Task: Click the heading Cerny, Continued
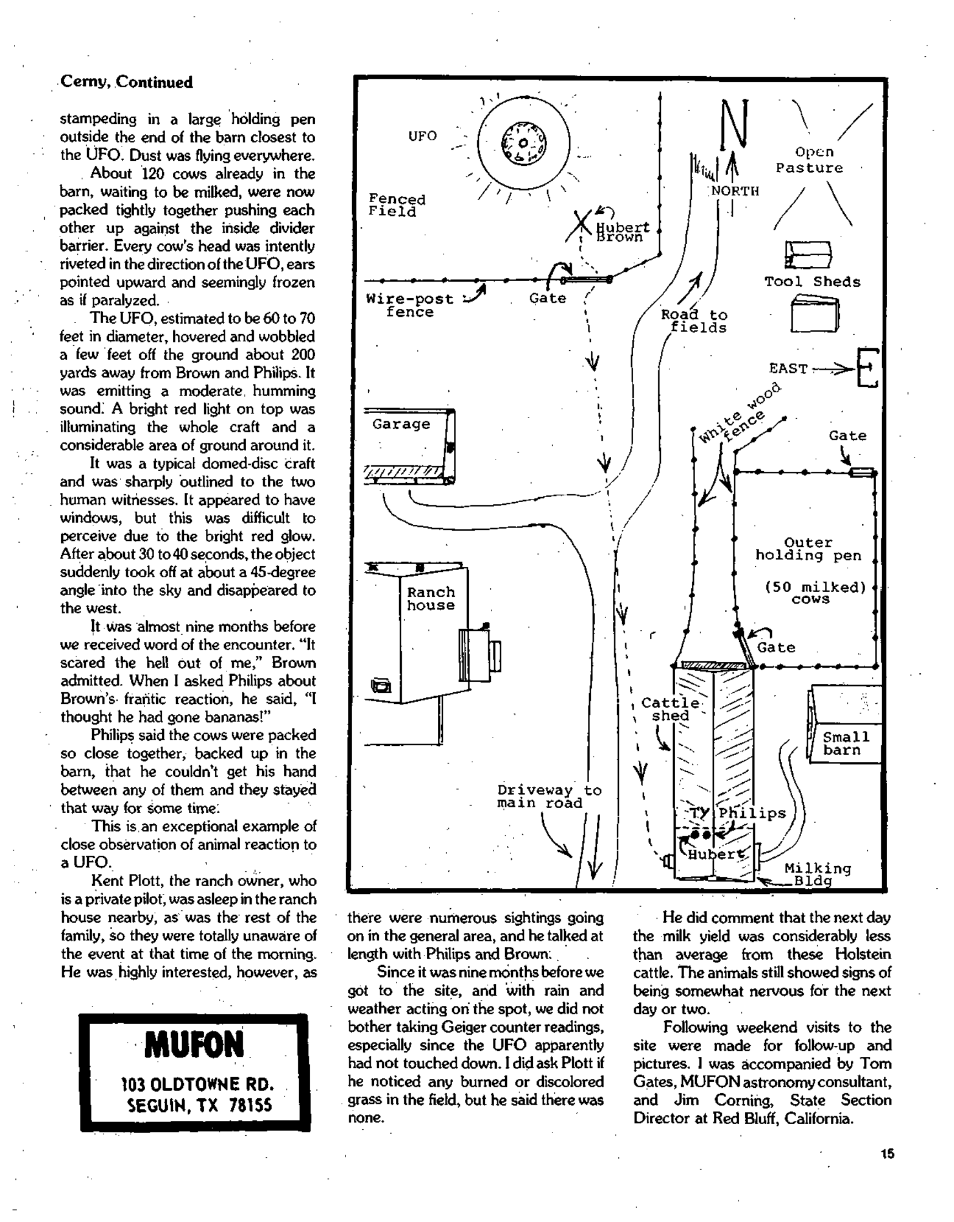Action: click(x=126, y=82)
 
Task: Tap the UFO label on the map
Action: click(x=422, y=136)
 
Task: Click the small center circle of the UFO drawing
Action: click(x=523, y=143)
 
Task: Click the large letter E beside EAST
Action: click(x=868, y=367)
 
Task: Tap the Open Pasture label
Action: click(x=810, y=160)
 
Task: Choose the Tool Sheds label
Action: click(x=812, y=282)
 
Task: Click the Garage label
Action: click(x=401, y=424)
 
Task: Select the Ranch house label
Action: click(x=431, y=599)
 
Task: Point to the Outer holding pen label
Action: click(x=808, y=549)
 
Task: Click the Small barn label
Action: click(x=845, y=743)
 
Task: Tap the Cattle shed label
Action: click(x=670, y=709)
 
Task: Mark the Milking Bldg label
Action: click(x=817, y=874)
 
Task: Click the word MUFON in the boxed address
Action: click(x=194, y=1045)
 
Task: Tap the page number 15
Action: click(x=887, y=1153)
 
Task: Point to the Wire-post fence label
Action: click(x=409, y=305)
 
